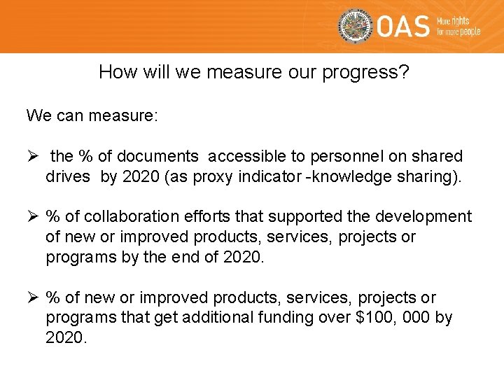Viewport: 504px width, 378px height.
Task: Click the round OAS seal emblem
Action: click(356, 27)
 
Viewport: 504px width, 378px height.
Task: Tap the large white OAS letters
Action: click(403, 27)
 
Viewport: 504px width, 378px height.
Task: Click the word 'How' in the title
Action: click(115, 72)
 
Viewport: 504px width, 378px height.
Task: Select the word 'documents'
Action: click(166, 156)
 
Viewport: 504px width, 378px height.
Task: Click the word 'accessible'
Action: click(241, 156)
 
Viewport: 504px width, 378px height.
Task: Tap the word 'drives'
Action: click(68, 176)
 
